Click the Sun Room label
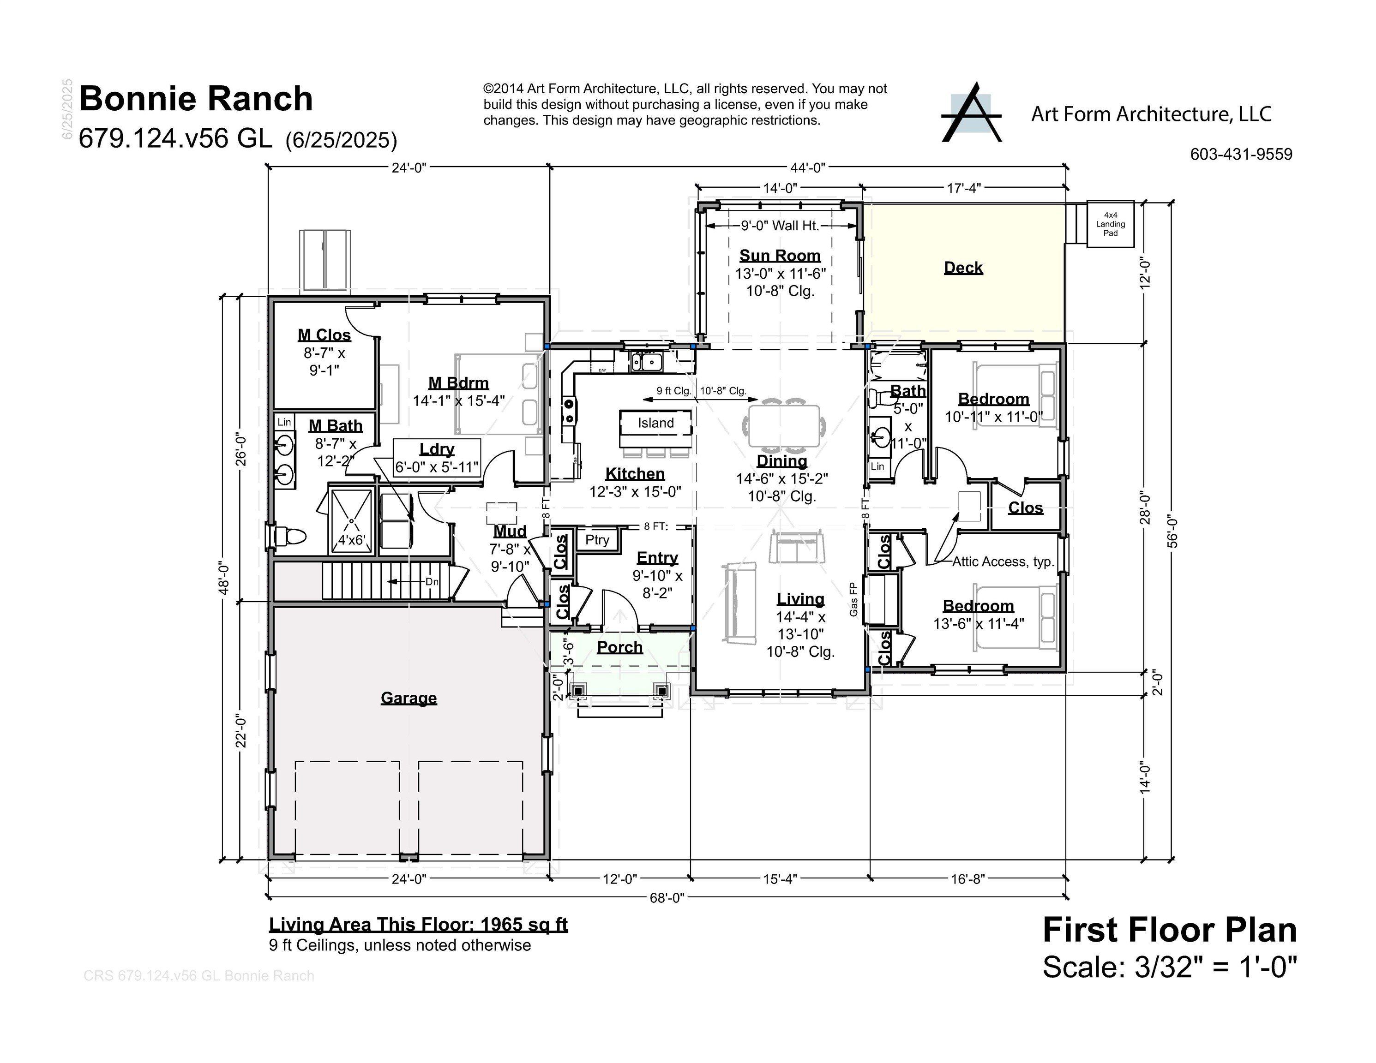[x=780, y=256]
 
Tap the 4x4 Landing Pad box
[x=1110, y=224]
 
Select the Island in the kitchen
[x=655, y=423]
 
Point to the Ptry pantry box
[x=597, y=540]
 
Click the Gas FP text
[x=853, y=599]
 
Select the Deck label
[x=963, y=268]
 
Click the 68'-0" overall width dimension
[x=667, y=897]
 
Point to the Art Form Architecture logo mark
[x=971, y=113]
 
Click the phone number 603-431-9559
[x=1241, y=154]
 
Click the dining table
[x=784, y=426]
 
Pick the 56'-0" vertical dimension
[x=1172, y=531]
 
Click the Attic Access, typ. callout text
[x=1003, y=562]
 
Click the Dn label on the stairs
[x=432, y=582]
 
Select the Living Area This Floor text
[x=418, y=925]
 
